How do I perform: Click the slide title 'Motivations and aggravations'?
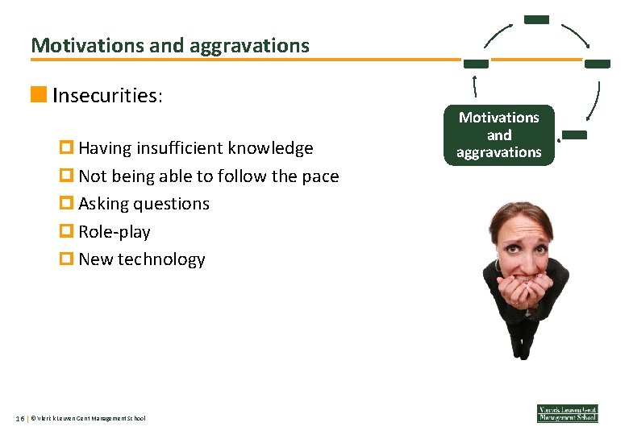tap(170, 45)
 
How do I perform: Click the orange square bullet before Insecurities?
tap(38, 96)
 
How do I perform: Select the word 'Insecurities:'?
tap(107, 96)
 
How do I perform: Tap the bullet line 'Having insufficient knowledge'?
tap(195, 148)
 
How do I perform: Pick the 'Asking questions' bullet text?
tap(144, 204)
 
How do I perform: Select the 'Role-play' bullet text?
tap(114, 232)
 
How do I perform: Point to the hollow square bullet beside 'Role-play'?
tap(67, 232)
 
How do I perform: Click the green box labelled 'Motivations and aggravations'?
tap(498, 135)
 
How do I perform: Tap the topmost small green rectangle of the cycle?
tap(535, 19)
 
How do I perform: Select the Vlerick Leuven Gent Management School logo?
tap(567, 412)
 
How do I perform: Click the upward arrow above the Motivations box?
tap(476, 86)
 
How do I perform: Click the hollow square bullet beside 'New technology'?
tap(67, 259)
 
